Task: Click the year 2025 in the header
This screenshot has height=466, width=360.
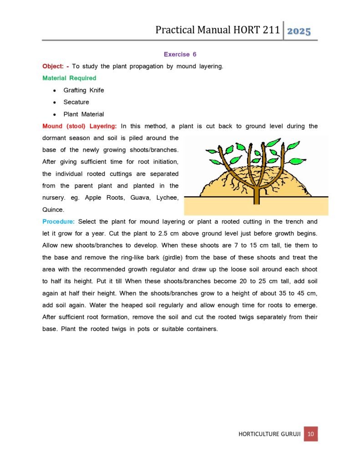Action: coord(299,31)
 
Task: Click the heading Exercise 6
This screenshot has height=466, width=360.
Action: coord(180,54)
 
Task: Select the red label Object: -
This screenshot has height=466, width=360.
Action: coord(55,66)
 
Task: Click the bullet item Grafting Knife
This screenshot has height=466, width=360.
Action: coord(83,90)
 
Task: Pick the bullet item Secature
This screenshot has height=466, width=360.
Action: coord(76,102)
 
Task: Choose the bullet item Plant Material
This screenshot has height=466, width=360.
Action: coord(83,114)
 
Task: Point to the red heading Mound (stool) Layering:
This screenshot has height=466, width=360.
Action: coord(79,126)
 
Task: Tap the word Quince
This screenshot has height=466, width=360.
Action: coord(53,210)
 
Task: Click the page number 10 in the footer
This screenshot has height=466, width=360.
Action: coord(311,434)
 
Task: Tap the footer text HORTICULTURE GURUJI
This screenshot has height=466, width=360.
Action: coord(269,434)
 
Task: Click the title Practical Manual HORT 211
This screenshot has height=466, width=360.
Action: coord(217,30)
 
